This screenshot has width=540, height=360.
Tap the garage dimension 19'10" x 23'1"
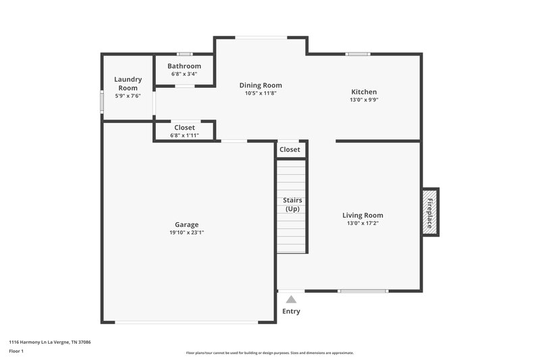click(x=186, y=232)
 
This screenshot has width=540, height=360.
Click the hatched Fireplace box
click(x=430, y=211)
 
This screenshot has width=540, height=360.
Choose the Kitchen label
click(x=364, y=92)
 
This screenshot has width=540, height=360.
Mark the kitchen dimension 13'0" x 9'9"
click(x=364, y=100)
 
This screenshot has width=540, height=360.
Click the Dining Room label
click(x=261, y=85)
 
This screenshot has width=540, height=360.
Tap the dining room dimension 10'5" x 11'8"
click(x=261, y=93)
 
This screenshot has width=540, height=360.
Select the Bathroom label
click(x=184, y=66)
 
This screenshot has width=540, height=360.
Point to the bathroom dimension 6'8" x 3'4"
click(x=184, y=74)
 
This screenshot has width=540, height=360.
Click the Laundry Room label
click(x=128, y=84)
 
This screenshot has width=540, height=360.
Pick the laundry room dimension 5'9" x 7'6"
click(x=128, y=96)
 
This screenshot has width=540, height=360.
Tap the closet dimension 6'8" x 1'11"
click(x=184, y=135)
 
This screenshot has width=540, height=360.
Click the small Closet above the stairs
click(x=290, y=149)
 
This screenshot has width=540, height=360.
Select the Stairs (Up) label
click(x=292, y=205)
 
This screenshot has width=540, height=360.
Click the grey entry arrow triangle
click(x=291, y=299)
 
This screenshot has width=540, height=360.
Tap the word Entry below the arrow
click(x=291, y=311)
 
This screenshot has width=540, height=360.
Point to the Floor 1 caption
click(x=16, y=351)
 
